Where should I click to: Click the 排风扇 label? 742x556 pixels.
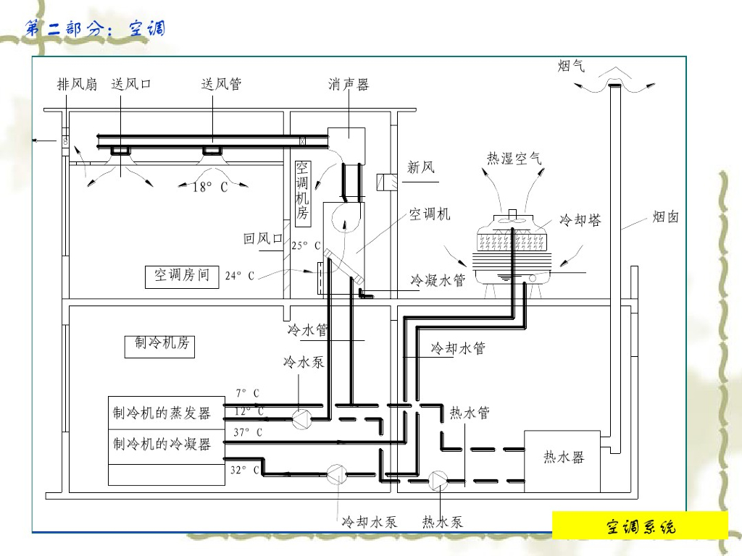click(77, 85)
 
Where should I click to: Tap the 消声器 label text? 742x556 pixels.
click(349, 85)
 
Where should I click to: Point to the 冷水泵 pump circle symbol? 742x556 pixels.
click(300, 418)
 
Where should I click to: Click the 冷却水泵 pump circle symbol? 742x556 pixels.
click(336, 475)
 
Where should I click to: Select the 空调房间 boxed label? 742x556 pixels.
click(182, 276)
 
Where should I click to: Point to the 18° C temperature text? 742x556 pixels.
click(209, 188)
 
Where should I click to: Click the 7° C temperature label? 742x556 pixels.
click(247, 393)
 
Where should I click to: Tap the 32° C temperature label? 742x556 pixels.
click(246, 470)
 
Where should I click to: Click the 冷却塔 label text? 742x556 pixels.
click(580, 220)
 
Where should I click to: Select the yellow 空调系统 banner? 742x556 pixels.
click(640, 526)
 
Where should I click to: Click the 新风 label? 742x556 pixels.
click(421, 168)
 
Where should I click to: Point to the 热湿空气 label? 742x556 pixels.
click(514, 159)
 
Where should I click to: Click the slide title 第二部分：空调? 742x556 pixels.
click(95, 28)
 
